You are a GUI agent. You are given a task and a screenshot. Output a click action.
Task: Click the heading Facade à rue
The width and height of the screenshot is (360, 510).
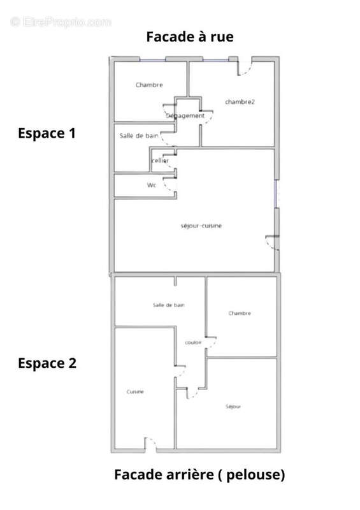point(190,37)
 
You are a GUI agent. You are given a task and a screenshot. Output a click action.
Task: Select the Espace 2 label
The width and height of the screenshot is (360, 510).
point(47,363)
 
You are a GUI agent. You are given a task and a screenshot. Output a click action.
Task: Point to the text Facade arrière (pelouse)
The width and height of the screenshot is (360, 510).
point(199,474)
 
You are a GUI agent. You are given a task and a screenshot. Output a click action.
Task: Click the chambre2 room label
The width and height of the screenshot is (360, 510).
point(240,102)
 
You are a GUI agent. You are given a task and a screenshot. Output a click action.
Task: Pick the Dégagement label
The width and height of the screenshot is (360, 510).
point(185,116)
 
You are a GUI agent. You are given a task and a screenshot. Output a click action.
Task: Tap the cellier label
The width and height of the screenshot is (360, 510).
point(160,161)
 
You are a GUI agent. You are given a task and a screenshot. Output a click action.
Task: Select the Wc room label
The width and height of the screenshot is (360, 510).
point(152,186)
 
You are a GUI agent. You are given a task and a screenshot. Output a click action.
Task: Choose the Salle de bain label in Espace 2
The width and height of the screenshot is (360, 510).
point(169,305)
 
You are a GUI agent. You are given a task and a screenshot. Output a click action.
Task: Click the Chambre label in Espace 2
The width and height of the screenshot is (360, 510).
point(240,313)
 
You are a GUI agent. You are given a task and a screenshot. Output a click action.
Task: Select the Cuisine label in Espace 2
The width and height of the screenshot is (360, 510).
point(135,391)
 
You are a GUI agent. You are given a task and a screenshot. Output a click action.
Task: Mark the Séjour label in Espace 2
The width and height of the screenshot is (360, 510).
point(234,406)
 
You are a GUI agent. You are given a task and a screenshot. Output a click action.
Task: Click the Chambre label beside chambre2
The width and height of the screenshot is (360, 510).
point(149,85)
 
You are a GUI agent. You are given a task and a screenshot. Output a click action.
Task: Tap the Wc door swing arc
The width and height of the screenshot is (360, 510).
point(168,187)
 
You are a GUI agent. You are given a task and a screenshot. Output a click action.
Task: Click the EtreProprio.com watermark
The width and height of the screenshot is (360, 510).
point(61,22)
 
